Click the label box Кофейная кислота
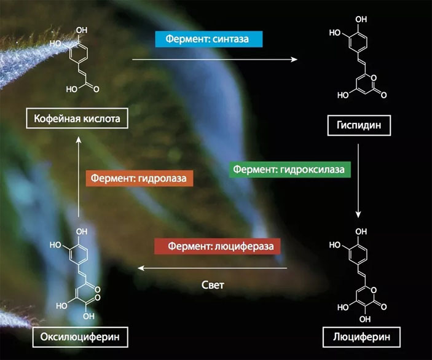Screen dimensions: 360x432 (x=77, y=117)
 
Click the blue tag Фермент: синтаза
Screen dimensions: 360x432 (x=208, y=39)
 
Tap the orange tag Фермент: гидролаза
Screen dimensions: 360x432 (x=138, y=179)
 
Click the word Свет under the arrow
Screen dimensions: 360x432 (x=213, y=286)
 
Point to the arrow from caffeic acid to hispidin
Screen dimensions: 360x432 (x=215, y=60)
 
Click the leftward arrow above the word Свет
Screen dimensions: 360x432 (x=212, y=268)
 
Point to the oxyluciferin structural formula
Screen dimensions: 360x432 (x=79, y=271)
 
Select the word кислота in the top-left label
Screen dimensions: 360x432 (x=104, y=117)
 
